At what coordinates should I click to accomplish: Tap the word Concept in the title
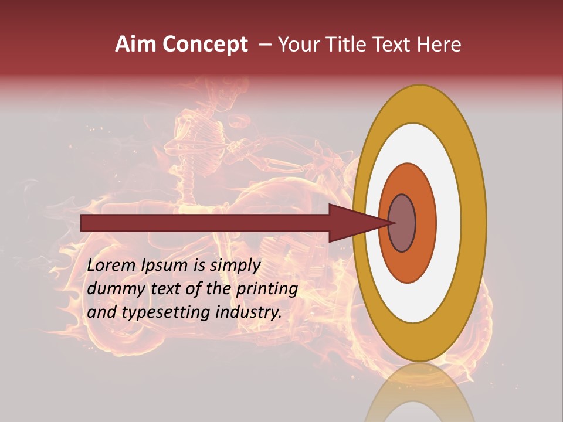205,45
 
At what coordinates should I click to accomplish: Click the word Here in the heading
439,45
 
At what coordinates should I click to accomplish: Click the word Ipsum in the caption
165,266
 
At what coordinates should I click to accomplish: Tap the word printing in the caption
267,289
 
